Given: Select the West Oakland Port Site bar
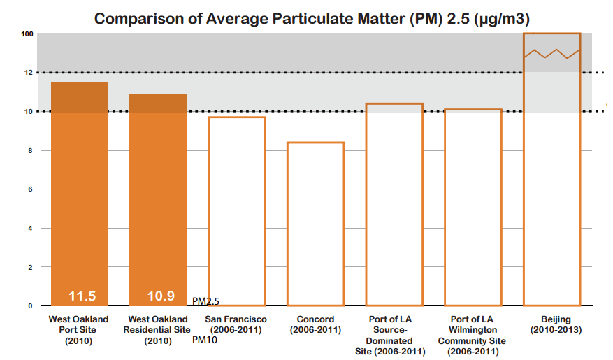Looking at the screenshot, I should [x=79, y=196].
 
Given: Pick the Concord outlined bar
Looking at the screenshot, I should [x=315, y=224].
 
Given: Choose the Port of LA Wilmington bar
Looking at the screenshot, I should [x=473, y=207].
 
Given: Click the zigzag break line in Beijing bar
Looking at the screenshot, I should [x=551, y=54].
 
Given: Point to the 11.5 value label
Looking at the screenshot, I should [x=82, y=296].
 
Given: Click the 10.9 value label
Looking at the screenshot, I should [x=160, y=296].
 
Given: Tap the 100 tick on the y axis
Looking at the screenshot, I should [x=27, y=34].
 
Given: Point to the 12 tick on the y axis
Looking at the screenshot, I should [x=29, y=73].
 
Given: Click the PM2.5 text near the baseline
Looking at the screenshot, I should [x=205, y=301].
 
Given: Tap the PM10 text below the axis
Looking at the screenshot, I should [x=205, y=340].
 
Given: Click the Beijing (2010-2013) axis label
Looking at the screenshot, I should [x=551, y=324].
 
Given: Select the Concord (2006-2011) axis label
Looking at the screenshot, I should [x=315, y=324].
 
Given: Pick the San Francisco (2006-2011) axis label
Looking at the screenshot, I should [x=236, y=324].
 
